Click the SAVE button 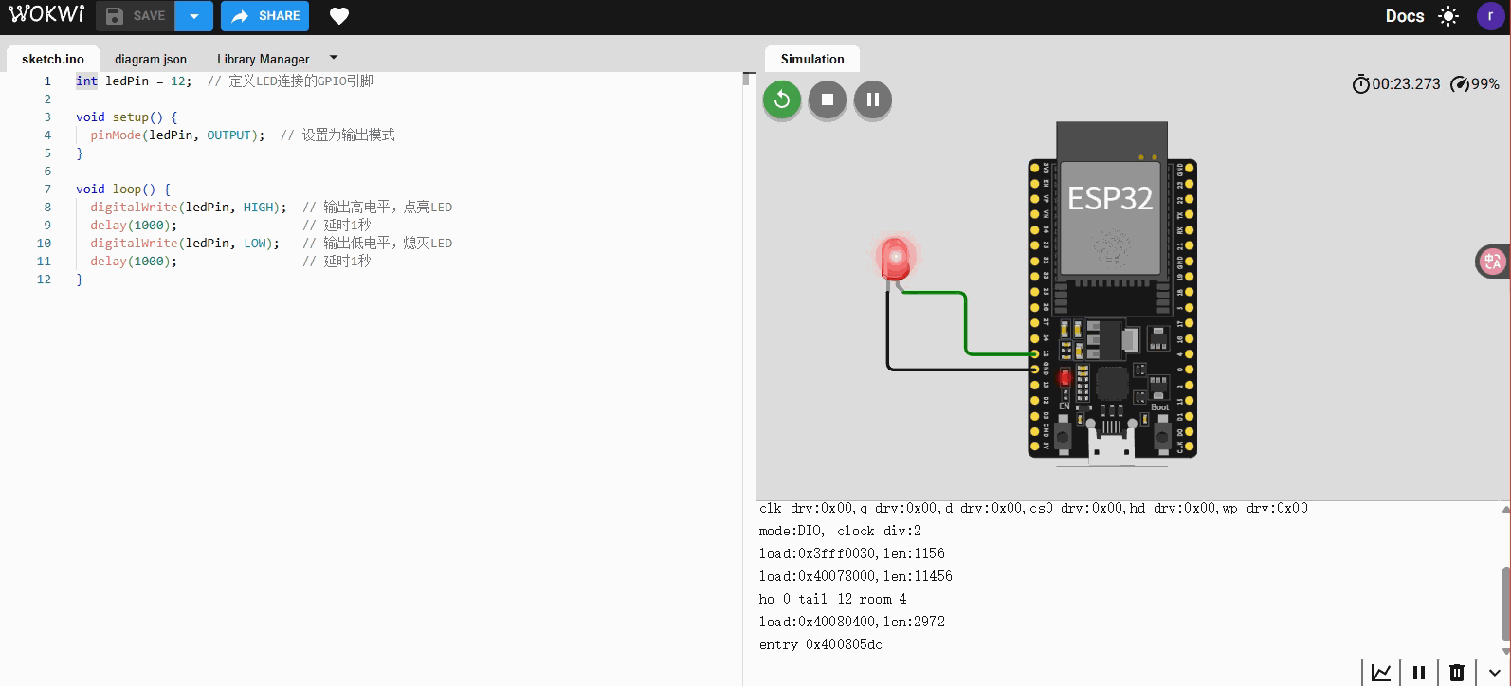point(136,16)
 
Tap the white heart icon point(339,16)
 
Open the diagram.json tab point(151,59)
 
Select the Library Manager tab point(263,59)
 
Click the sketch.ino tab point(53,59)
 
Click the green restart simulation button point(782,99)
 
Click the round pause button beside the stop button point(873,99)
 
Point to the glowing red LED point(894,258)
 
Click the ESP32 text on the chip point(1110,198)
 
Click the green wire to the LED point(966,322)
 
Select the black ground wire point(948,368)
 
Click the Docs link point(1404,16)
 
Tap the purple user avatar point(1490,16)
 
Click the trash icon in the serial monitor point(1457,673)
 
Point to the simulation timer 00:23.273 point(1405,84)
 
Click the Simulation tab point(812,59)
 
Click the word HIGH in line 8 point(259,208)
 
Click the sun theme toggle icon point(1448,16)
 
